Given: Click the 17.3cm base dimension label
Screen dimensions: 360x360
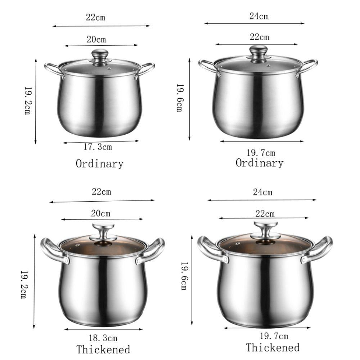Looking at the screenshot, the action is [x=98, y=147].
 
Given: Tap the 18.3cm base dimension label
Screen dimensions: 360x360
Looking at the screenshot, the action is [x=103, y=338].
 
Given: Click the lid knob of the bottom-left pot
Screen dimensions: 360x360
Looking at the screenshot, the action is [x=103, y=231].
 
